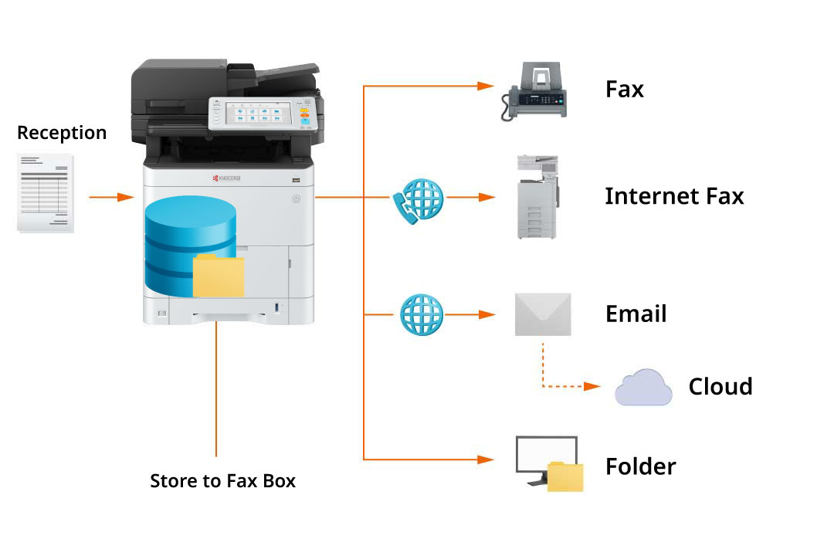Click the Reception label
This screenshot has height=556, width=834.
pos(62,133)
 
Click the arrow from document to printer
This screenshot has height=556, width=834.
pos(112,198)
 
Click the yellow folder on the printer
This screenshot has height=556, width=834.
pos(219,276)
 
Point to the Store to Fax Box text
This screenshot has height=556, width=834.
pos(222,481)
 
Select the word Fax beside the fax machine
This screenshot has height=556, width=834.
pos(624,90)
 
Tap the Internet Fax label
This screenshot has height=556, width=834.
pos(673,196)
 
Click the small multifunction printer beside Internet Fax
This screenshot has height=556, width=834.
pos(537,197)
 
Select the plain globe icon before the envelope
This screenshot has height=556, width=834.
pos(422,314)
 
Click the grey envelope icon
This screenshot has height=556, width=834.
pos(543,314)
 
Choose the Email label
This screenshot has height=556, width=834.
pos(636,314)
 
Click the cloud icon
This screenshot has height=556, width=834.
pos(643,388)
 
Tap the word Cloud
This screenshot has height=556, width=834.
pos(720,387)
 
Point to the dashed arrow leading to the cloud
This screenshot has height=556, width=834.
pos(564,386)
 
